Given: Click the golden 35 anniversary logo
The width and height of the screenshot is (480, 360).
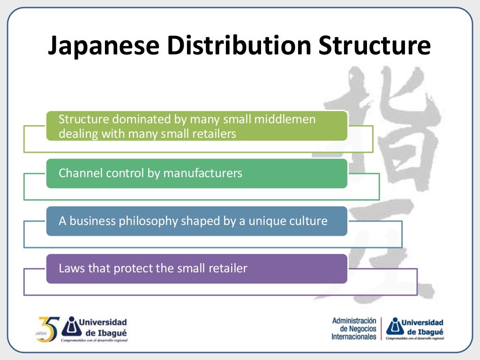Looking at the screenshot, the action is coord(48,329).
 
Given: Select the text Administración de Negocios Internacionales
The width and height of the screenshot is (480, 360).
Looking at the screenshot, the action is coord(354,329).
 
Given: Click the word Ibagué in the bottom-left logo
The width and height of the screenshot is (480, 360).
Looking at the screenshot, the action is coord(111,332).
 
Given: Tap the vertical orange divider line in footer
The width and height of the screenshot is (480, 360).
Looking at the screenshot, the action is coord(381,329).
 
